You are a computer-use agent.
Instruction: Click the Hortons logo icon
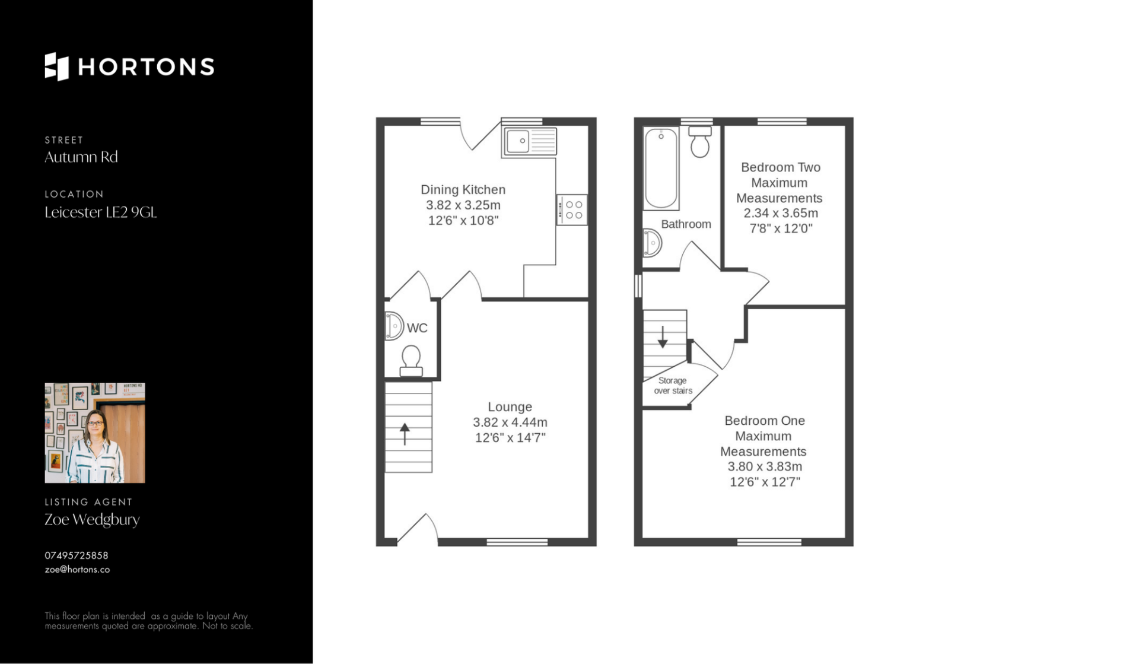click(57, 66)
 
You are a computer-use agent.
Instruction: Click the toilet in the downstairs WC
click(411, 361)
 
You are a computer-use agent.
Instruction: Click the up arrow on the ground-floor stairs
click(405, 434)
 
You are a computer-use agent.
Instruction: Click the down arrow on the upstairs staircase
click(663, 336)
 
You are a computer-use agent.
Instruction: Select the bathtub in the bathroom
click(661, 168)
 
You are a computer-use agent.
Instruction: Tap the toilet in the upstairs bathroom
click(700, 141)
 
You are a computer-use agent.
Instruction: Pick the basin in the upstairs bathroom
click(652, 243)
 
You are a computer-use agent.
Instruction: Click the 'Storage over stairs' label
click(673, 386)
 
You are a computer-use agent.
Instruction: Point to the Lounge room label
click(510, 407)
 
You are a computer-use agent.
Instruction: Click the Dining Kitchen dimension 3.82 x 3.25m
click(463, 205)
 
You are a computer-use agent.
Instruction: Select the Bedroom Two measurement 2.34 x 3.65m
click(781, 213)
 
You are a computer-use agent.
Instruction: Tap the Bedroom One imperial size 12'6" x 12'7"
click(765, 482)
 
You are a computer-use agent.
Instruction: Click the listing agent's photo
click(95, 433)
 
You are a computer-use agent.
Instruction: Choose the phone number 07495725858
click(77, 555)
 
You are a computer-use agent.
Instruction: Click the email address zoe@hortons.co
click(77, 570)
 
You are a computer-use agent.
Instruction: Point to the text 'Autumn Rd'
click(81, 157)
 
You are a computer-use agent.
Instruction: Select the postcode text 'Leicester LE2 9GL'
click(101, 212)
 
